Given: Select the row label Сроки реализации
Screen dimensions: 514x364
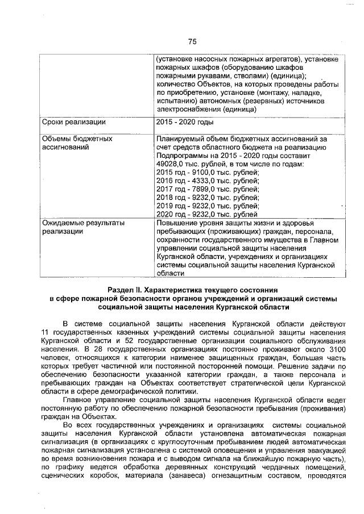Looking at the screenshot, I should pyautogui.click(x=74, y=122).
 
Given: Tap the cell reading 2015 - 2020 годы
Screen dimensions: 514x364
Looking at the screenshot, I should pyautogui.click(x=185, y=122).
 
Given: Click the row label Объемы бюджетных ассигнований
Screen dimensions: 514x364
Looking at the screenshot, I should pyautogui.click(x=77, y=143).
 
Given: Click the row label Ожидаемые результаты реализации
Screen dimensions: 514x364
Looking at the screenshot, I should pyautogui.click(x=83, y=227).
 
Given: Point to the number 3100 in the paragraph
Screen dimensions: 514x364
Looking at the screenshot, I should pyautogui.click(x=336, y=349).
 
